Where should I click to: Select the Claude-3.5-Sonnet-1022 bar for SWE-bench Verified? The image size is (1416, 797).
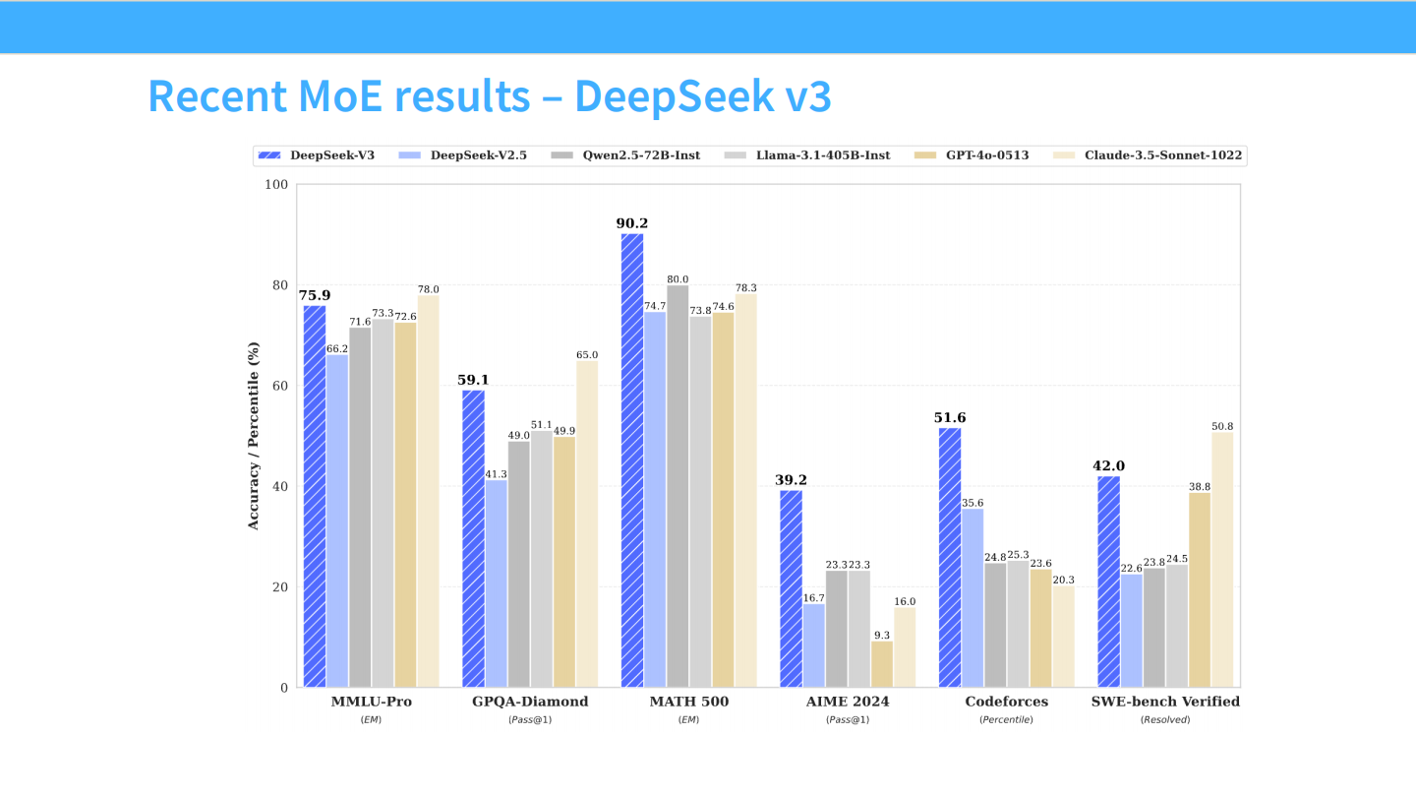pyautogui.click(x=1222, y=560)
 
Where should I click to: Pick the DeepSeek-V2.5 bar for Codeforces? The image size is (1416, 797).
pyautogui.click(x=973, y=597)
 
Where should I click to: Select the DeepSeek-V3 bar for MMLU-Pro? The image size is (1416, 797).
pyautogui.click(x=315, y=496)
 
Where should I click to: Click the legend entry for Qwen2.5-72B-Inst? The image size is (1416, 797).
pyautogui.click(x=626, y=155)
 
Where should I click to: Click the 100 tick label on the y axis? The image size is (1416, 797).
pyautogui.click(x=276, y=185)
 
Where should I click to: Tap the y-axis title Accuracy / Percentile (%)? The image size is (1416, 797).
pyautogui.click(x=254, y=436)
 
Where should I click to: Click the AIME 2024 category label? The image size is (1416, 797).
pyautogui.click(x=848, y=702)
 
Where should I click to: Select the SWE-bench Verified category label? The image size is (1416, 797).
pyautogui.click(x=1165, y=702)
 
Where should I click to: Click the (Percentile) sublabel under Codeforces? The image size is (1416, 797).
pyautogui.click(x=1006, y=719)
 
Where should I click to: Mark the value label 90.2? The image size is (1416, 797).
pyautogui.click(x=632, y=223)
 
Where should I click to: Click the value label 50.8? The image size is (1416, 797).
pyautogui.click(x=1222, y=426)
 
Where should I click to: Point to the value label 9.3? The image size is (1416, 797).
pyautogui.click(x=882, y=635)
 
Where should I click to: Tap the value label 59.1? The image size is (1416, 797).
pyautogui.click(x=473, y=380)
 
